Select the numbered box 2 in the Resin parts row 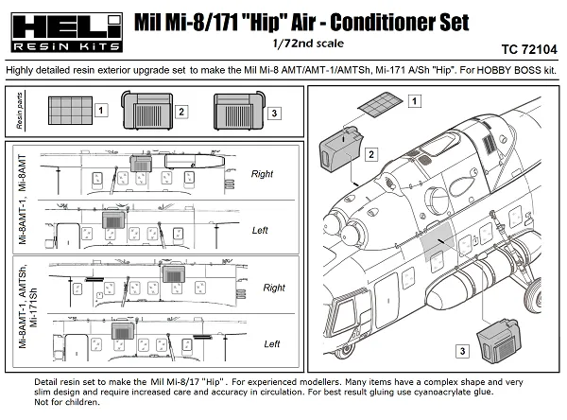(x=180, y=113)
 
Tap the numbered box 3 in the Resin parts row (x=274, y=113)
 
